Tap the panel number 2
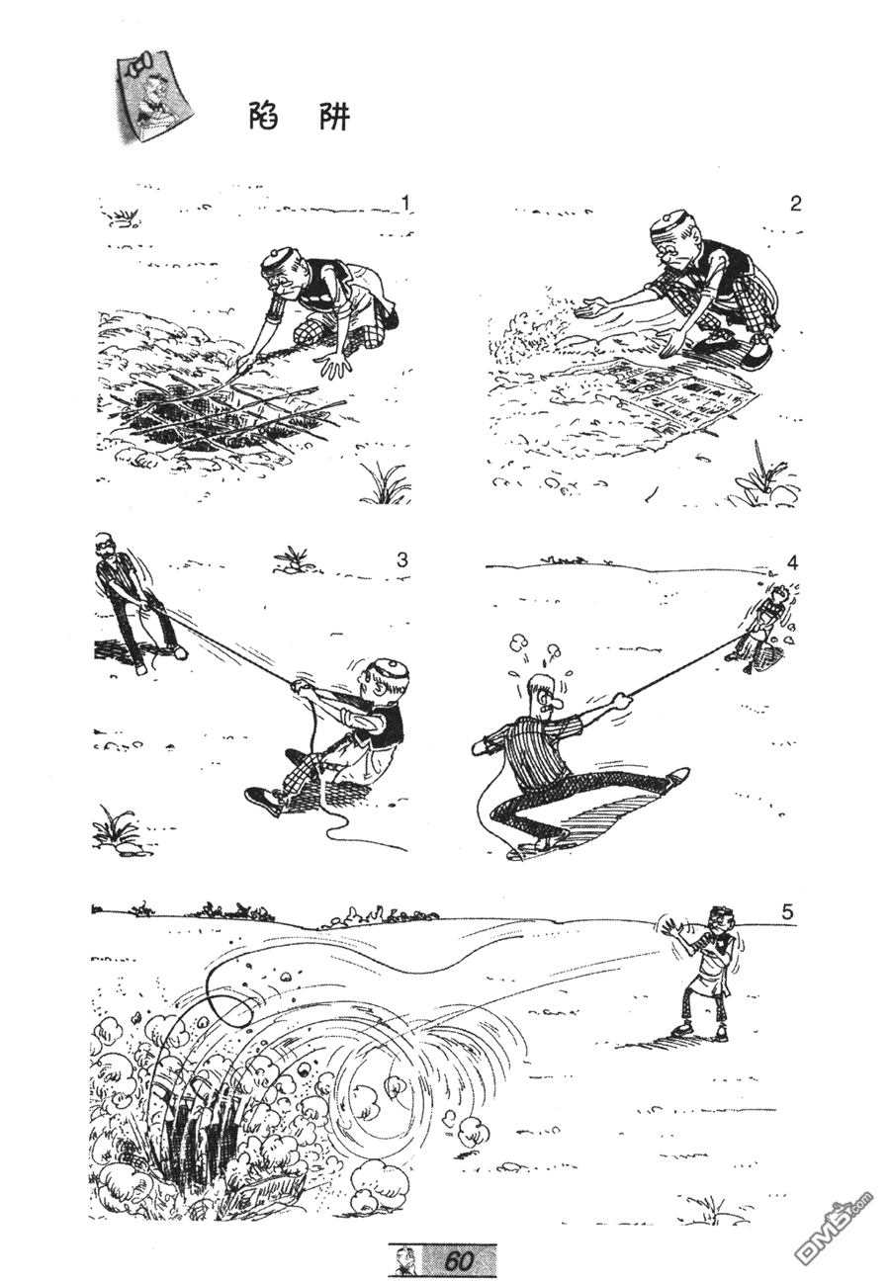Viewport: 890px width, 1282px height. click(795, 204)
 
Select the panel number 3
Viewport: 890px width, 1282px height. click(402, 559)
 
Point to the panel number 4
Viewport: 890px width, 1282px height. click(792, 563)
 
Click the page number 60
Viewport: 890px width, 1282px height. click(458, 1258)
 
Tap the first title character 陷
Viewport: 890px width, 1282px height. click(264, 117)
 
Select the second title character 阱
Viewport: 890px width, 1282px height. click(334, 117)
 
